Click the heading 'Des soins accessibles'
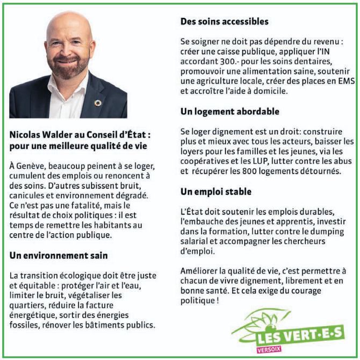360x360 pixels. point(224,22)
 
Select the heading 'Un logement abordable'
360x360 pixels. point(229,112)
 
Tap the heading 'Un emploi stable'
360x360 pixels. point(216,191)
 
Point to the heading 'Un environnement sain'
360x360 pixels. point(59,255)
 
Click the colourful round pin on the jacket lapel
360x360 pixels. point(97,103)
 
